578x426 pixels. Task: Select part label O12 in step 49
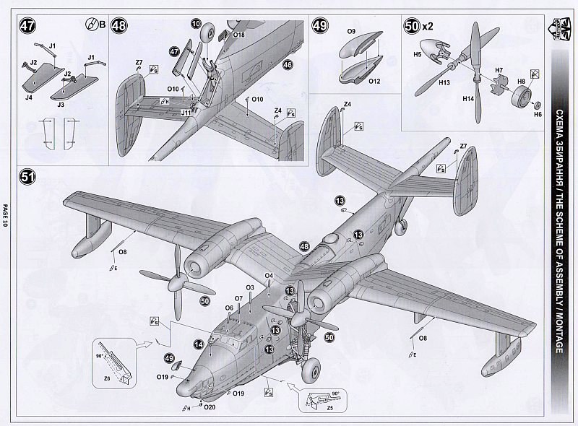[374, 81]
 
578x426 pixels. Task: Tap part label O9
[351, 32]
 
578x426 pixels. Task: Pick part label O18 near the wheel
[240, 34]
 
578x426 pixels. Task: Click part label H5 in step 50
[418, 53]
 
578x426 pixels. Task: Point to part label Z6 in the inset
[107, 378]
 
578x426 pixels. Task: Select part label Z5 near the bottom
[329, 408]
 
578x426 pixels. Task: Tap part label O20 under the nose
[210, 407]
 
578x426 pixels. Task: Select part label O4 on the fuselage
[268, 275]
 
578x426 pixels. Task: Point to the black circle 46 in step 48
[287, 64]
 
